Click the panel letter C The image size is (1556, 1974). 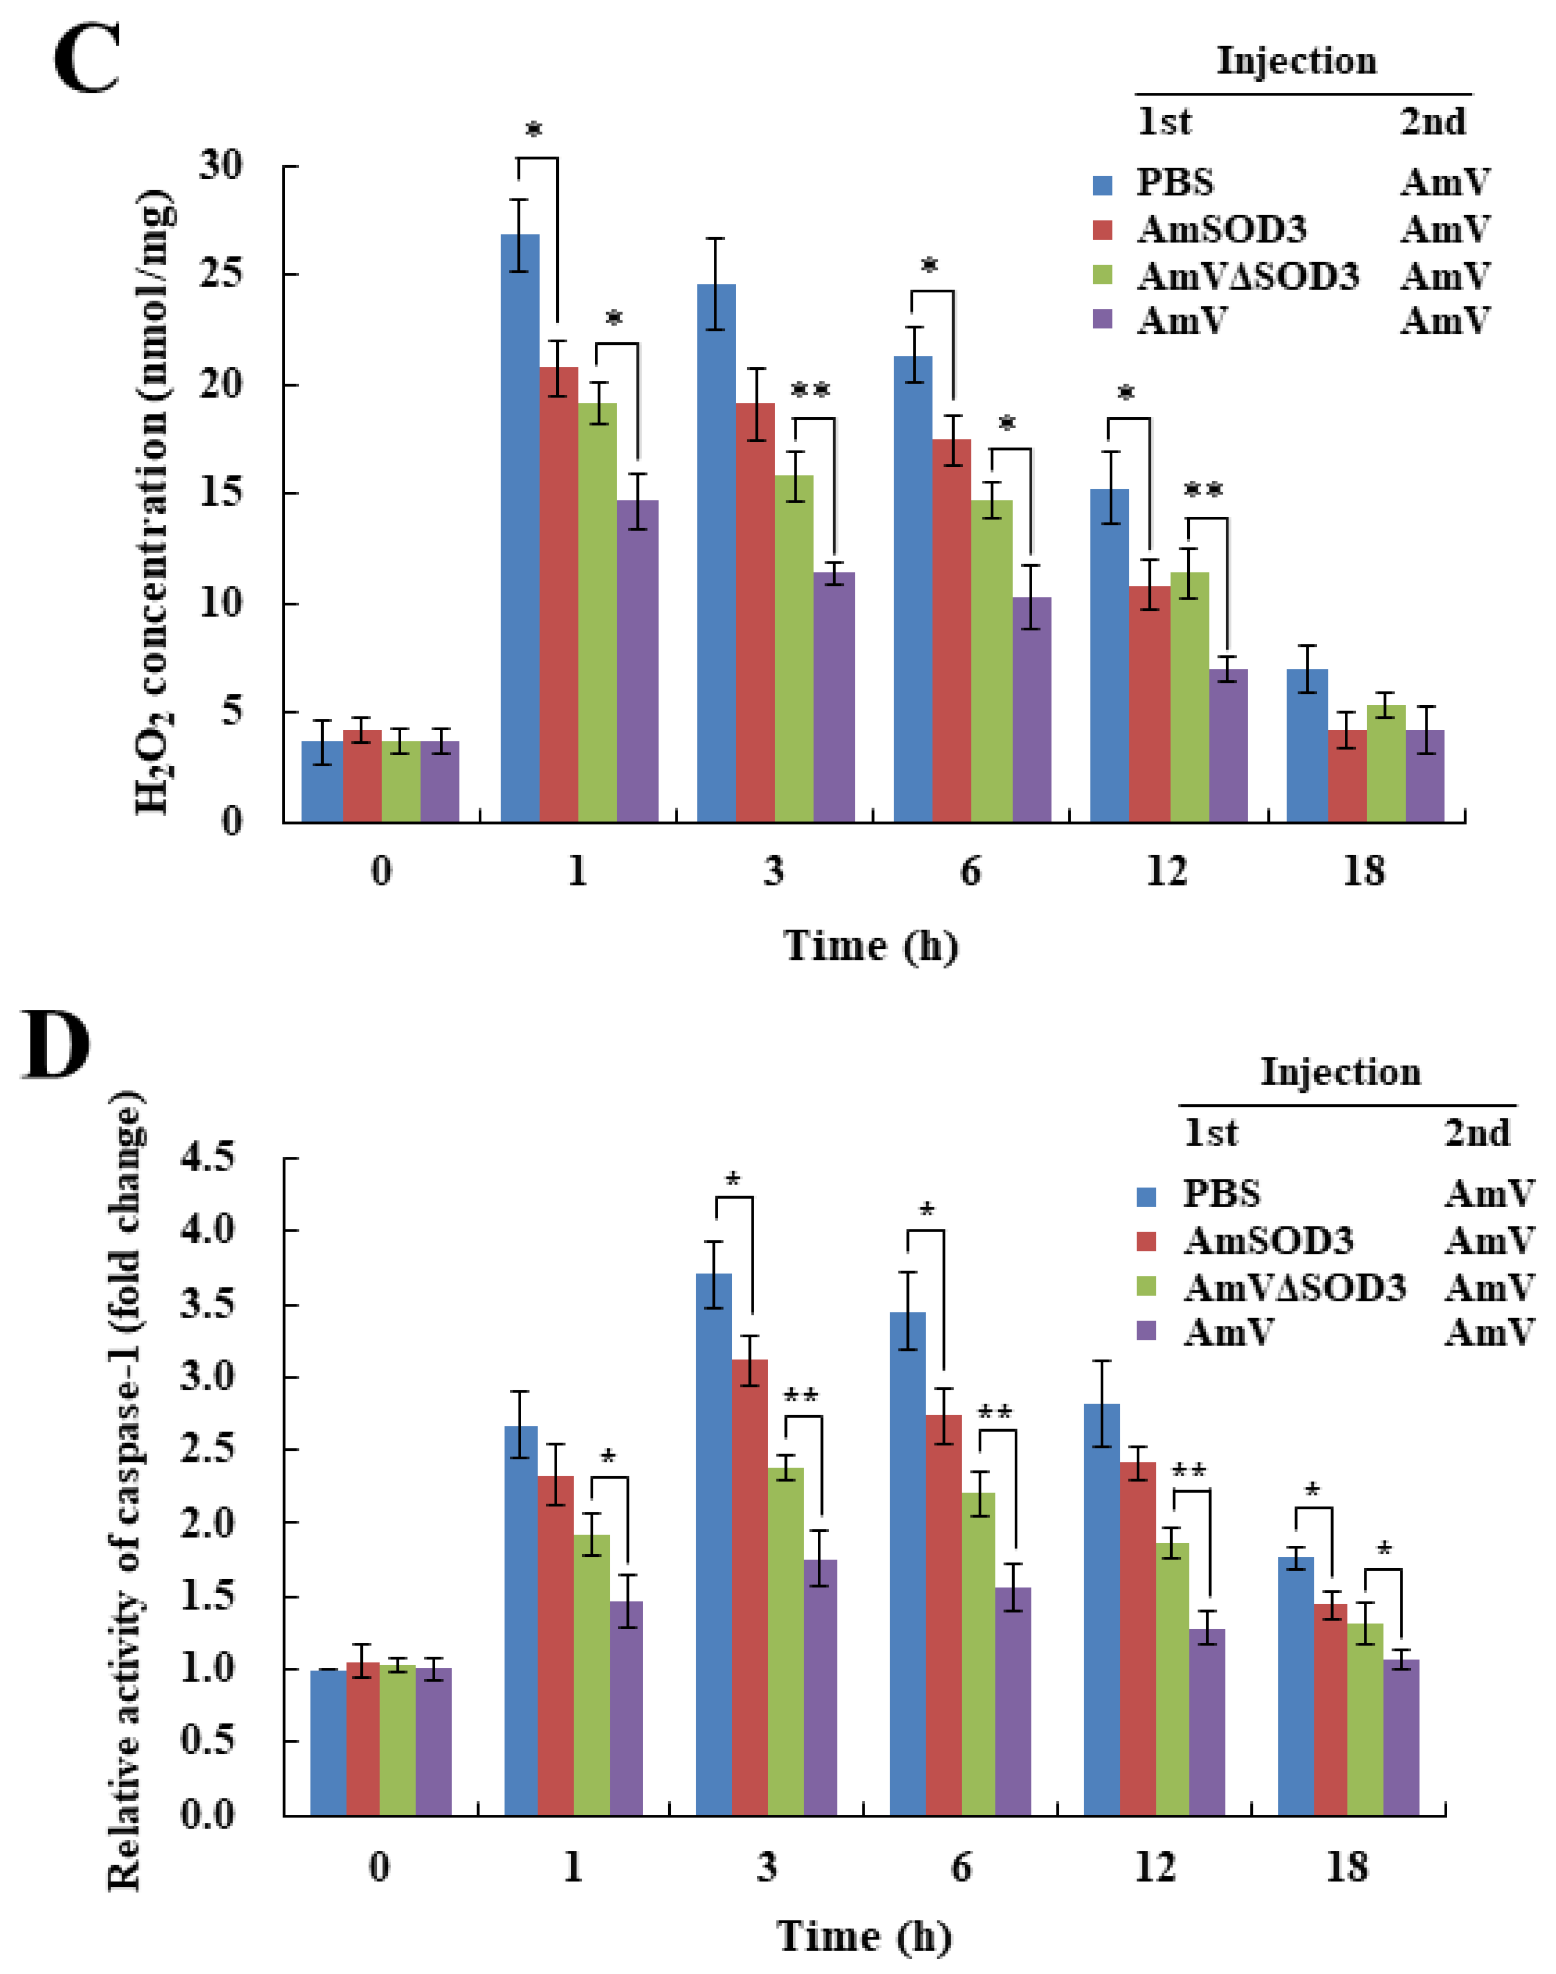87,59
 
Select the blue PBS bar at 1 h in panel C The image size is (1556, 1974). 520,529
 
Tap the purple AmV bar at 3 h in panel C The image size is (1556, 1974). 834,697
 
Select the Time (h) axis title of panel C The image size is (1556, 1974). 871,946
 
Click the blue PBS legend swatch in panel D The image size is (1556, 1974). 1146,1196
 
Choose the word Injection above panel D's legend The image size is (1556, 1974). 1340,1072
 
